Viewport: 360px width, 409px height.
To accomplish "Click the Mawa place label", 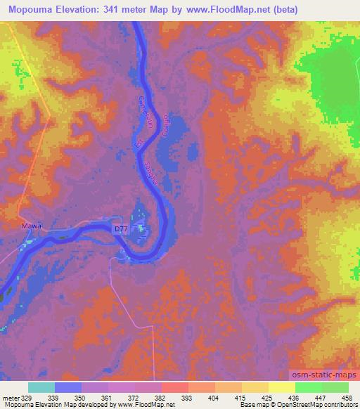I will pos(32,226).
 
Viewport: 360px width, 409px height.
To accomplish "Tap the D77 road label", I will pos(122,228).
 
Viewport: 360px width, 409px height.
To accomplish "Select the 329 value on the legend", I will pos(27,397).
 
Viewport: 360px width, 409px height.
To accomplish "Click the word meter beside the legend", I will pos(10,397).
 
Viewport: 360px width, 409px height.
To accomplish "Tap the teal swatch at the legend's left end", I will pos(41,387).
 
